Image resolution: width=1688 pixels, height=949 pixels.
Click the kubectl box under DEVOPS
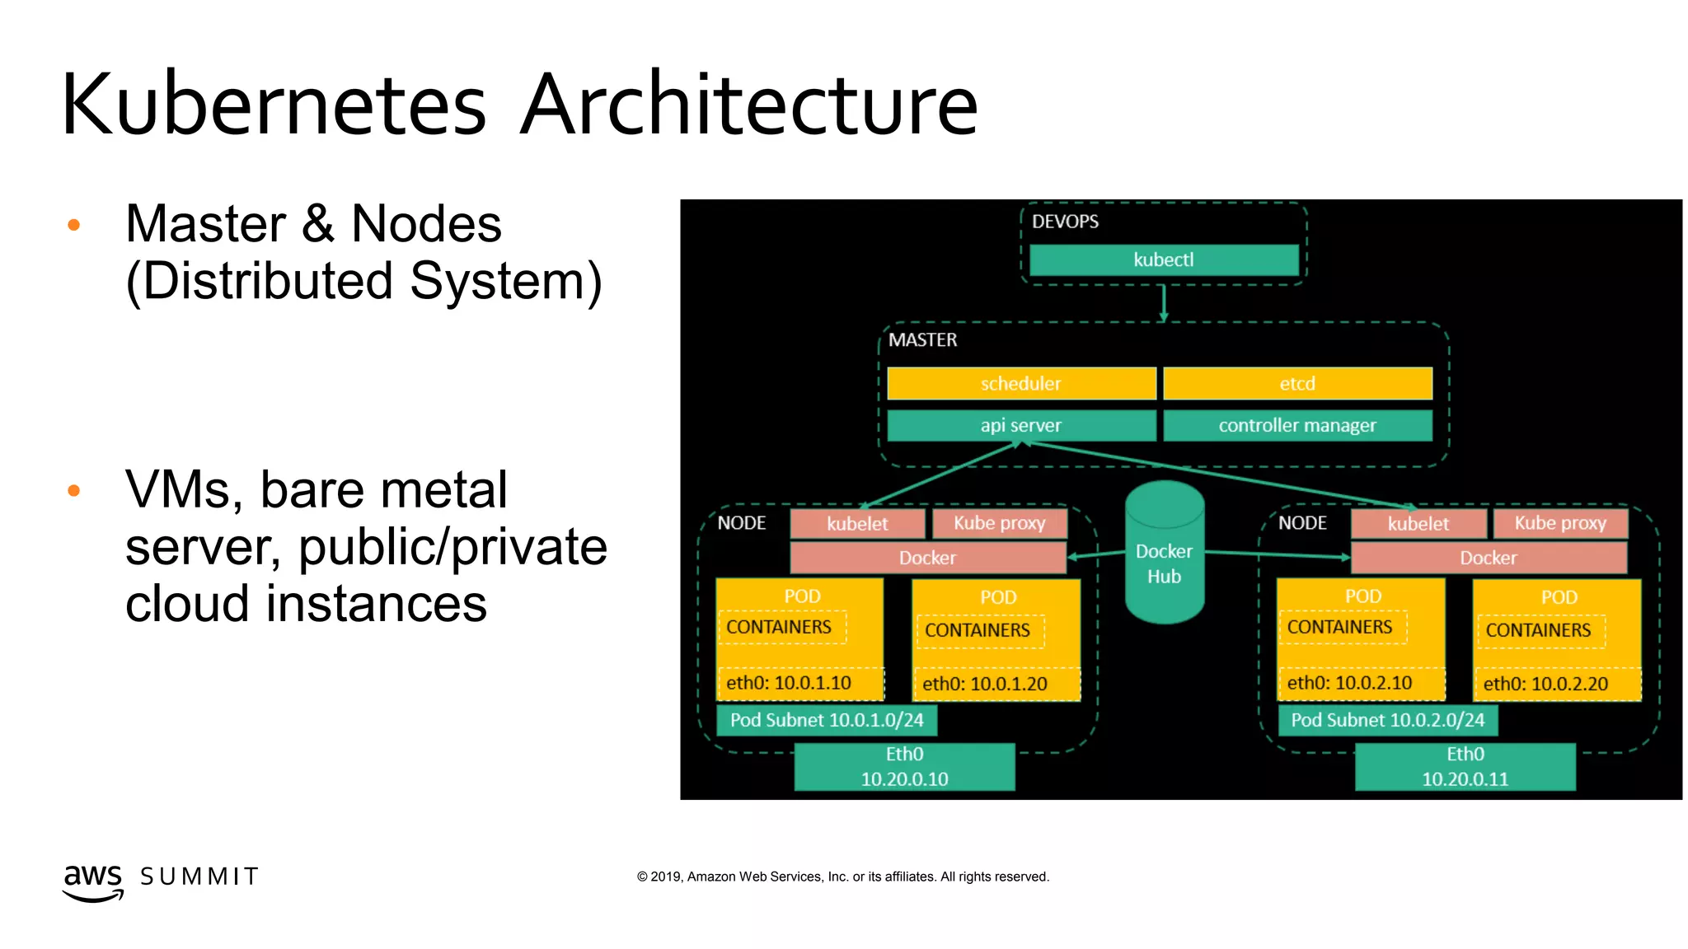[1163, 259]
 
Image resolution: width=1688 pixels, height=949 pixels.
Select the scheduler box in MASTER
[1020, 383]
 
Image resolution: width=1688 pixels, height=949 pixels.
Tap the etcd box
[1296, 383]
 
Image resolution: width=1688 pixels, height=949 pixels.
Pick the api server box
[1020, 425]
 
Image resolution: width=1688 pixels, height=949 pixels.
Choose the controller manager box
[1296, 425]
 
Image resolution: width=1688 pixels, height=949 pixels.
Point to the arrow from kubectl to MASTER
[1163, 303]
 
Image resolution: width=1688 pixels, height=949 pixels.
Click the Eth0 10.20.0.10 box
[904, 766]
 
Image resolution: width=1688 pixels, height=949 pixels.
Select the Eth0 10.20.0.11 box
[1465, 766]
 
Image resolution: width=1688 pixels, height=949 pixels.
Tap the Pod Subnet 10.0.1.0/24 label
[826, 720]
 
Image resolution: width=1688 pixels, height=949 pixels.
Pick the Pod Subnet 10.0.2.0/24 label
[1387, 720]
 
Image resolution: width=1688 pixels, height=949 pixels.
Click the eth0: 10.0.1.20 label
[984, 684]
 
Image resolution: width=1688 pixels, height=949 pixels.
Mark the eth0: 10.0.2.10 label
[1349, 683]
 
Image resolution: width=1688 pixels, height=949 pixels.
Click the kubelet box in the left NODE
[857, 523]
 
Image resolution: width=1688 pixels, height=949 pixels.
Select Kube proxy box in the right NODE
[1559, 523]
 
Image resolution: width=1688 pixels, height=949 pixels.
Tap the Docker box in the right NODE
[1488, 558]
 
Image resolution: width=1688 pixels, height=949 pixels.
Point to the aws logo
[93, 881]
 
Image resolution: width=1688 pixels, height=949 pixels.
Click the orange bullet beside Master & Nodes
[73, 224]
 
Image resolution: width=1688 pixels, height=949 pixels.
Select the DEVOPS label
[1065, 222]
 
